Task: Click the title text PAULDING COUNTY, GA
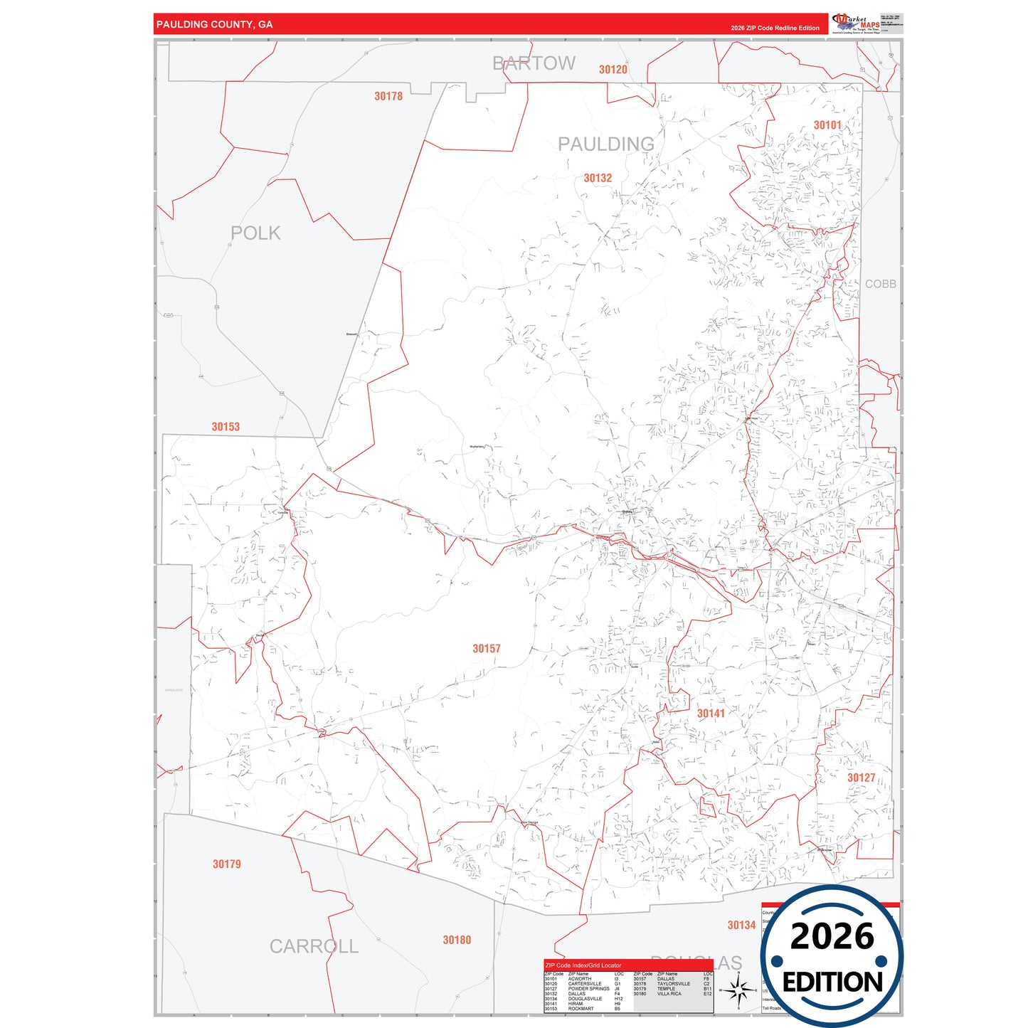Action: (x=214, y=24)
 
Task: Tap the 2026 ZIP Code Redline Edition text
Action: (x=775, y=28)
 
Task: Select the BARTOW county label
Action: (x=534, y=63)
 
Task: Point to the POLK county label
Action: (x=255, y=233)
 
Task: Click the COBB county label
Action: (x=880, y=284)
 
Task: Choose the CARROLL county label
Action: (x=314, y=946)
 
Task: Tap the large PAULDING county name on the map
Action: (x=605, y=144)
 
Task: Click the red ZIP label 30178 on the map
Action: (x=388, y=96)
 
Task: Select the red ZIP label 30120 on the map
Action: (x=613, y=70)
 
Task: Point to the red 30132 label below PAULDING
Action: (x=598, y=178)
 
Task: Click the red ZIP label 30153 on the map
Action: (x=226, y=427)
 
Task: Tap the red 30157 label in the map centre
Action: (x=487, y=649)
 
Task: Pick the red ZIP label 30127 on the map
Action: (x=861, y=778)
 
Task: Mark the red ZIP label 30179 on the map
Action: (x=227, y=864)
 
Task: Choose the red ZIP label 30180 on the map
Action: (x=457, y=940)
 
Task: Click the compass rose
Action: (x=738, y=989)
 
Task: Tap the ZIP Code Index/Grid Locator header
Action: (x=583, y=965)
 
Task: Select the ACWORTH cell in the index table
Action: (x=579, y=979)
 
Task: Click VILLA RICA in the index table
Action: (x=669, y=994)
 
